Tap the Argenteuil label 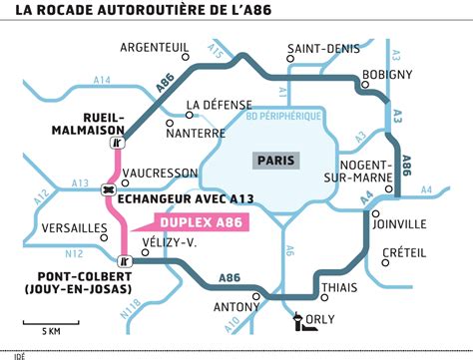(155, 47)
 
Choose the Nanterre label (196, 132)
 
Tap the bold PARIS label (276, 160)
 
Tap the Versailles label (73, 228)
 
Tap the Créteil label (405, 252)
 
